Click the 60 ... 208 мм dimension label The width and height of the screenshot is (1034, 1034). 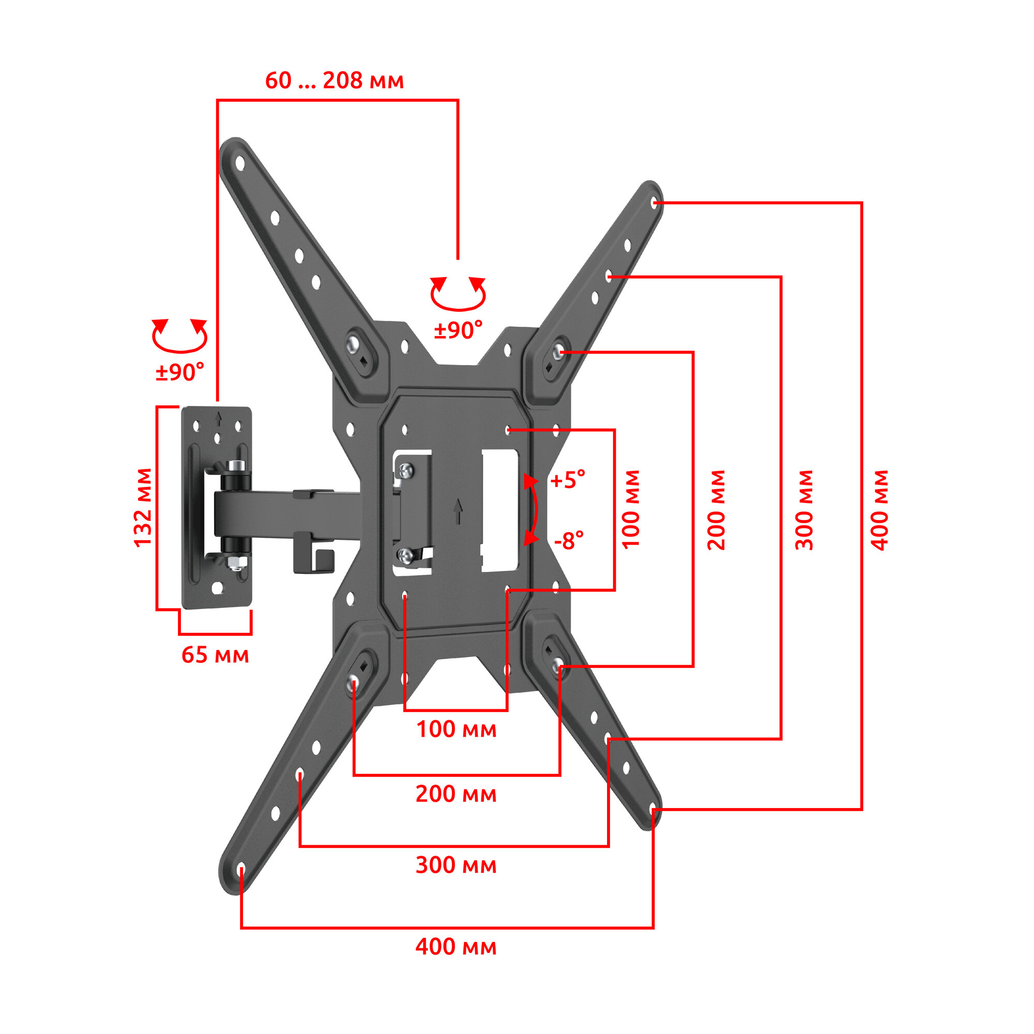[334, 81]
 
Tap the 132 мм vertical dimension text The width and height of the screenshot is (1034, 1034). [143, 507]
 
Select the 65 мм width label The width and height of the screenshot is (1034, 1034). [215, 655]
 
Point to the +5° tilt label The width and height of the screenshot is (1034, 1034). [568, 480]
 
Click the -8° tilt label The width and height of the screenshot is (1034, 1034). [568, 541]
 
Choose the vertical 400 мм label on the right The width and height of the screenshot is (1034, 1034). [879, 510]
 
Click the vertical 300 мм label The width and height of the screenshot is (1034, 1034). [804, 510]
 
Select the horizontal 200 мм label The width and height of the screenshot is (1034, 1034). [456, 794]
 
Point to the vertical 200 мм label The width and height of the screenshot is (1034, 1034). [716, 510]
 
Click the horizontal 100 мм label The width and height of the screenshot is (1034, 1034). [456, 729]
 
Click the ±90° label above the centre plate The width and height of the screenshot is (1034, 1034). [458, 330]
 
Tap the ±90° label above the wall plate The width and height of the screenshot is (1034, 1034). [180, 371]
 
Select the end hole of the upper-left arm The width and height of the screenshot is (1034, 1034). [240, 163]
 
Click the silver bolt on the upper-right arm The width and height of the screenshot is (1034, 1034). [558, 351]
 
